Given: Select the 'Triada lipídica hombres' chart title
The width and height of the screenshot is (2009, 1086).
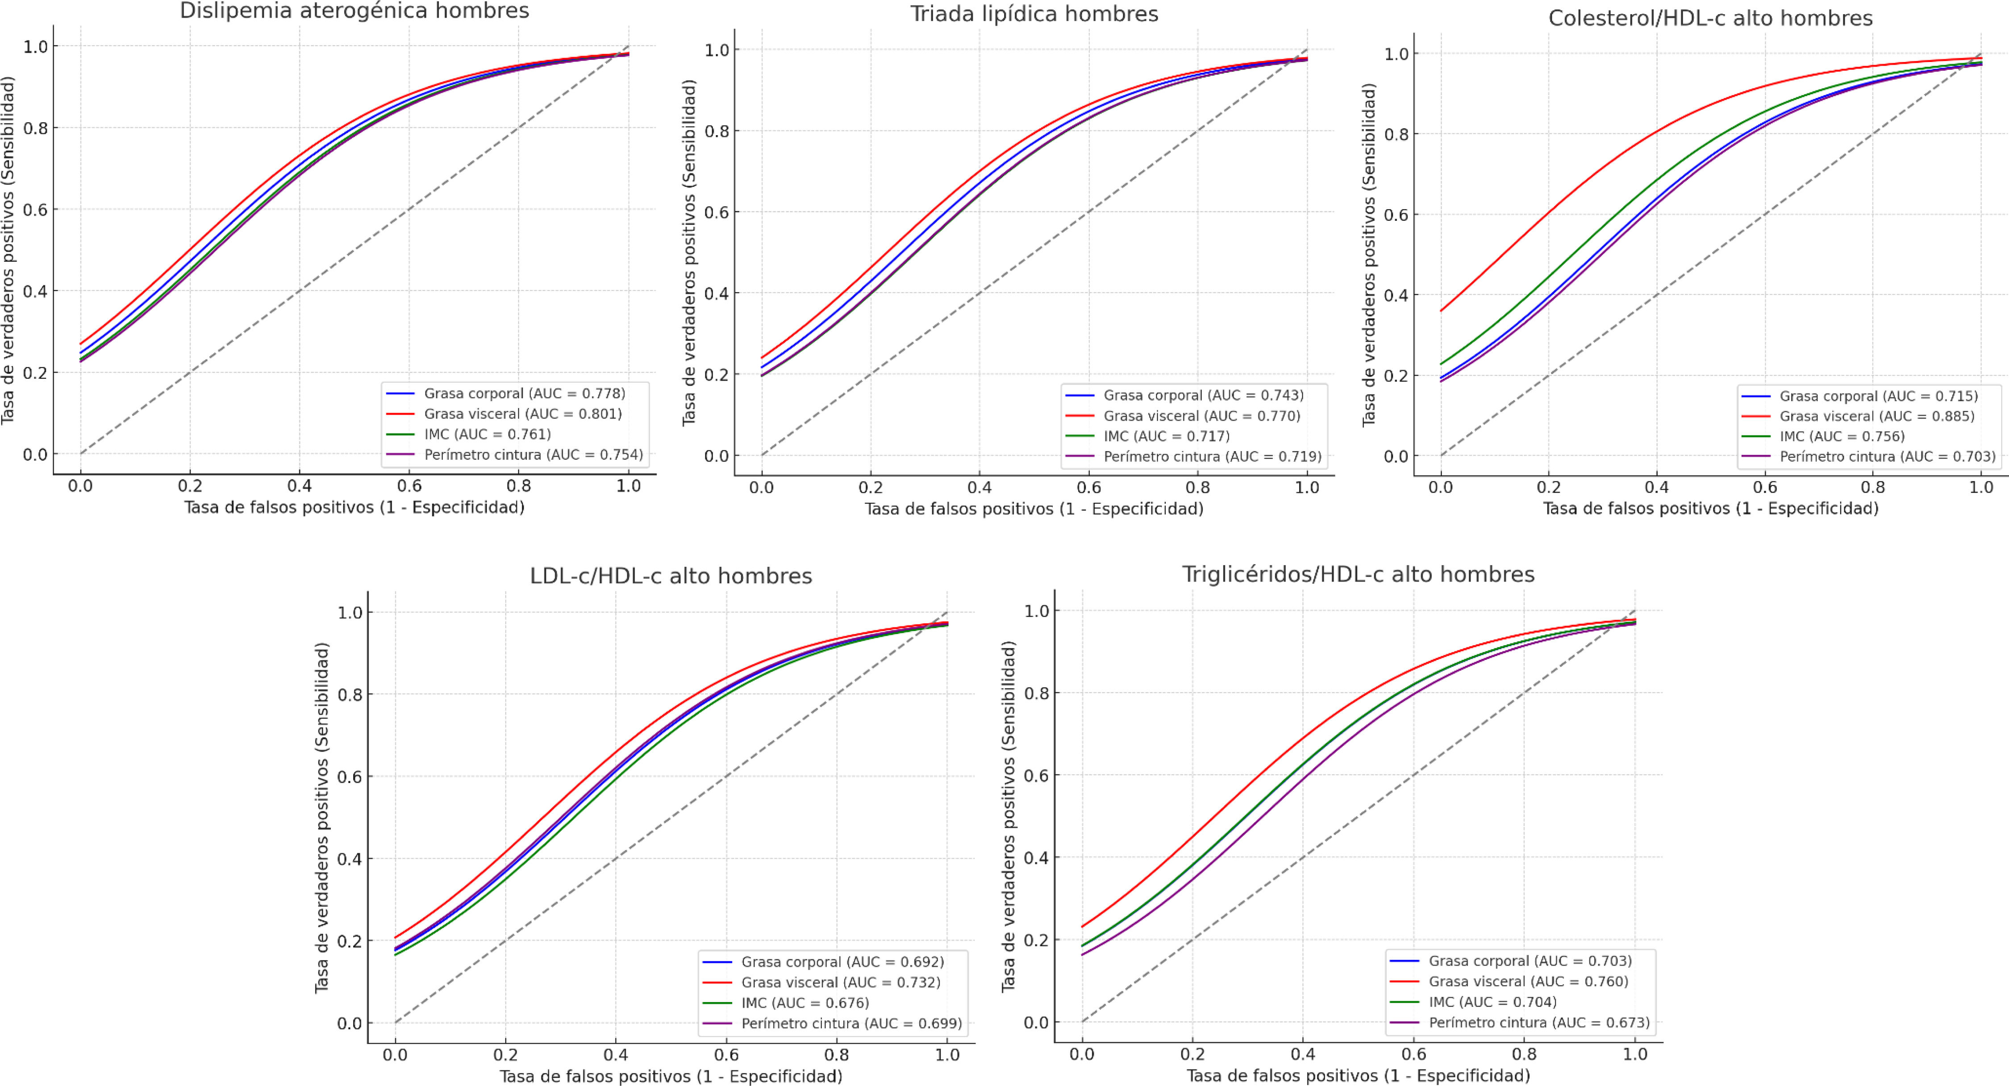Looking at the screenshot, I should tap(1034, 14).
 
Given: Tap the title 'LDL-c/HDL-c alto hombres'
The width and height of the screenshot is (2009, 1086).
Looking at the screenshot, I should tap(671, 576).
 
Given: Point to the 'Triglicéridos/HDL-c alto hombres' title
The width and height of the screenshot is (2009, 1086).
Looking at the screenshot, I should tap(1358, 575).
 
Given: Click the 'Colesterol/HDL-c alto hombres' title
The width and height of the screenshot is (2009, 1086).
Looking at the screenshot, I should tap(1710, 18).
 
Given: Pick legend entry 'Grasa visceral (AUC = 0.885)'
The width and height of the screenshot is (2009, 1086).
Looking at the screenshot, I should tap(1876, 416).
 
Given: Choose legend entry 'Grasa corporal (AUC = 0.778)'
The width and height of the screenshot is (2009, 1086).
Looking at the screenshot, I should tap(524, 394).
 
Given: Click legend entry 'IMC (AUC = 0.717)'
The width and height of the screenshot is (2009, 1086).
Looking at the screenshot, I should tap(1166, 436).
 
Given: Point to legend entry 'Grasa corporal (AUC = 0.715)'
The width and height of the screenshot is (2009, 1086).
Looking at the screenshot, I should tap(1878, 396).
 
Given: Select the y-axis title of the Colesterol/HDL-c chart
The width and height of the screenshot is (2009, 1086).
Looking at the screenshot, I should tap(1369, 255).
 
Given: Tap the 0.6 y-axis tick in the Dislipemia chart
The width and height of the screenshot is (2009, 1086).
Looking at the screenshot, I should tap(35, 210).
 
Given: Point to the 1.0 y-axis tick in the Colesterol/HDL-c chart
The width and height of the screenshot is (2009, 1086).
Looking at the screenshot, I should tap(1396, 54).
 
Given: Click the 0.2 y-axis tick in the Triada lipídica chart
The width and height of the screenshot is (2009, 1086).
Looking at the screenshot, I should tap(717, 375).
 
